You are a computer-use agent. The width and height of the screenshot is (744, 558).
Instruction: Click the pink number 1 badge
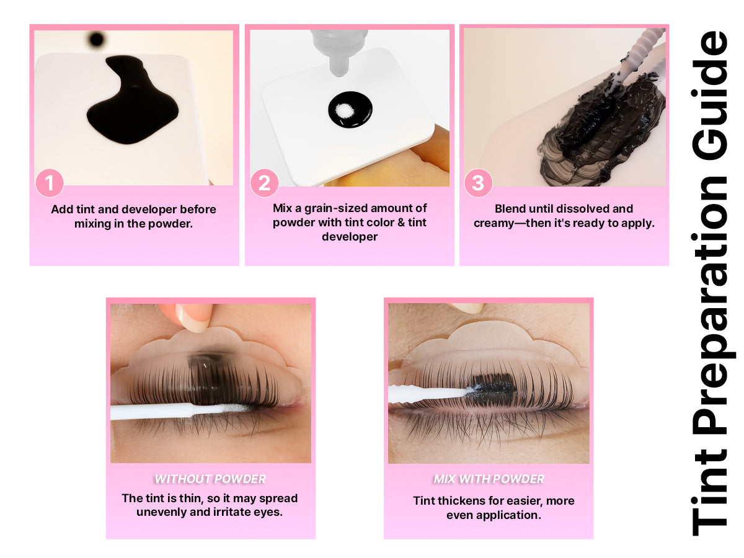click(x=50, y=183)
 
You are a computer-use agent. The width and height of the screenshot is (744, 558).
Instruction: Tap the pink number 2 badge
click(x=264, y=183)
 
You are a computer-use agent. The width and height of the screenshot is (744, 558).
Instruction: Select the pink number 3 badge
click(x=477, y=183)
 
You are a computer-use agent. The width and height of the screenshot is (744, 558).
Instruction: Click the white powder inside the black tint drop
click(x=343, y=110)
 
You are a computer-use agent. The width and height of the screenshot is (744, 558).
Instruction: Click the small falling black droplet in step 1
click(x=96, y=39)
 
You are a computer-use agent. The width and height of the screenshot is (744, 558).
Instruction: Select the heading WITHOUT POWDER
click(x=210, y=479)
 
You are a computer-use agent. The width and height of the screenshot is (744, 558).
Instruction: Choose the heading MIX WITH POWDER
click(x=489, y=479)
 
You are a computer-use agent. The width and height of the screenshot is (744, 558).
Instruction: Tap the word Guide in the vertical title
click(x=709, y=95)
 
